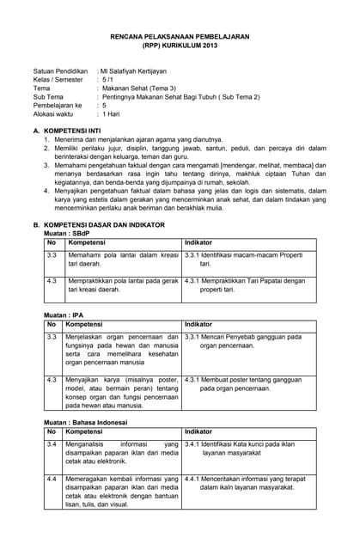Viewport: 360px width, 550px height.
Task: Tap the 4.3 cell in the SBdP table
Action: pyautogui.click(x=52, y=280)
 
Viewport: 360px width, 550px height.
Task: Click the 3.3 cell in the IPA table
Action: pyautogui.click(x=52, y=337)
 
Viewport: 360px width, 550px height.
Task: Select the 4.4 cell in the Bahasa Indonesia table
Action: pyautogui.click(x=52, y=477)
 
